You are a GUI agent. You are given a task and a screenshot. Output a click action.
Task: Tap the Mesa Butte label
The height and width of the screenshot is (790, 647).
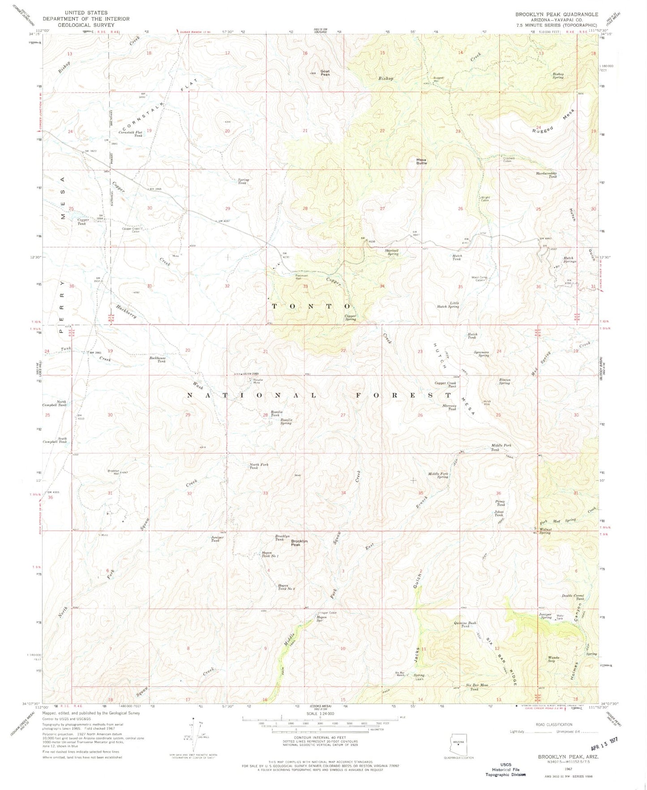pos(421,161)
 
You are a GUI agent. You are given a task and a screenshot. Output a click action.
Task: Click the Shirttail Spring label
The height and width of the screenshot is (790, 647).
pos(392,253)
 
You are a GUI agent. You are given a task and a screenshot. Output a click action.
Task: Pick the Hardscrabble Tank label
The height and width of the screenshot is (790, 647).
pos(546,175)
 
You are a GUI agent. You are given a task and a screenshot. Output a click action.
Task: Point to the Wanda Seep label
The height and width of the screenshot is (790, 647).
pos(552,659)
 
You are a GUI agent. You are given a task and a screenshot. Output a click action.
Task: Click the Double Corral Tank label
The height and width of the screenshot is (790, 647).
pos(573,597)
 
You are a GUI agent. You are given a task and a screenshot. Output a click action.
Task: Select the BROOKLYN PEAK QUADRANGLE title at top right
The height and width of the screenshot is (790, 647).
pos(557,14)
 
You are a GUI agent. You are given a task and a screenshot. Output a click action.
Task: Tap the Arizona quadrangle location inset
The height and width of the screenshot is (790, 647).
pos(458,744)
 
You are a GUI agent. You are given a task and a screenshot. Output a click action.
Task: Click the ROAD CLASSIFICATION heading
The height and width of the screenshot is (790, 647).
pos(554,724)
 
